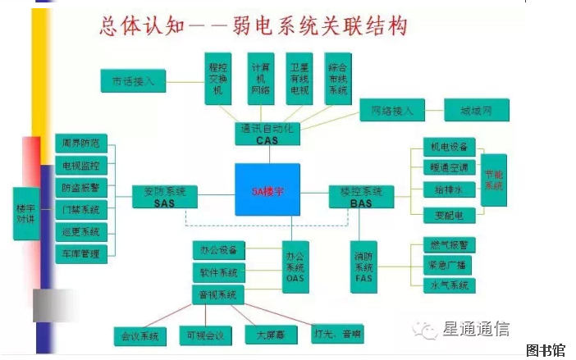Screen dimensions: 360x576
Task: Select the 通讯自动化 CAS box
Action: coord(267,134)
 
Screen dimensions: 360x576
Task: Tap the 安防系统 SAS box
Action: coord(165,197)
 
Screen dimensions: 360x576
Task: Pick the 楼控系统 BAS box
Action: coord(361,197)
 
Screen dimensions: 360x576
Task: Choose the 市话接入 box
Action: coord(134,80)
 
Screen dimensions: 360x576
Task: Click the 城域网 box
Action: coord(476,110)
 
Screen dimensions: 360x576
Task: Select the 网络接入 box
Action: coord(392,110)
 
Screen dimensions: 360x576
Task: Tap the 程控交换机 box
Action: coord(218,80)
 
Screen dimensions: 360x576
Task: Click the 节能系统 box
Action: coord(493,180)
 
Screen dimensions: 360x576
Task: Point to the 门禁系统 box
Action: coord(80,210)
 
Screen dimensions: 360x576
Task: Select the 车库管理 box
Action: coord(80,254)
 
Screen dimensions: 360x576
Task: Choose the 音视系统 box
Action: coord(218,294)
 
